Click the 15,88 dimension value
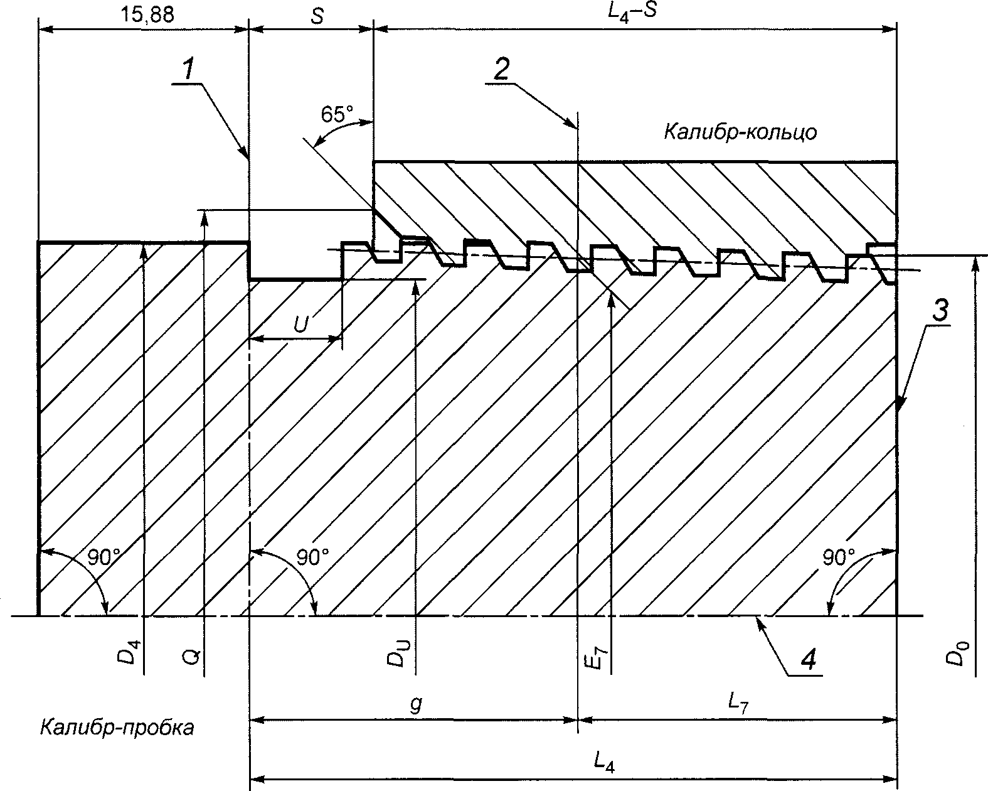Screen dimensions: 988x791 (147, 15)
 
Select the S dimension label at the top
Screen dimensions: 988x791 (317, 16)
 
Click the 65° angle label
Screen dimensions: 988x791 (337, 114)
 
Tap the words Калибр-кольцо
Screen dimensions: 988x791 (740, 133)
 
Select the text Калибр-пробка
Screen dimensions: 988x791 (117, 728)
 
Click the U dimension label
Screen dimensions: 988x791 (301, 325)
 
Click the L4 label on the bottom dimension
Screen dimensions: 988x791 (603, 762)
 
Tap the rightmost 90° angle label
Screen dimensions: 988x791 (839, 557)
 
